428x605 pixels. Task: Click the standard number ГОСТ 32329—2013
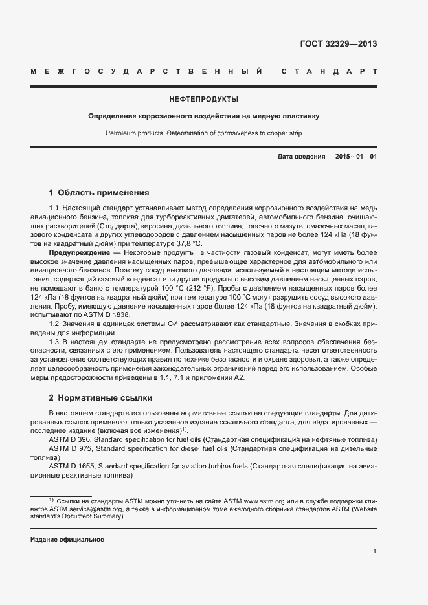pos(339,44)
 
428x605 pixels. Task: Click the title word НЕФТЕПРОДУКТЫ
pos(203,100)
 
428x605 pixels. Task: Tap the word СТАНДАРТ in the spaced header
pos(329,71)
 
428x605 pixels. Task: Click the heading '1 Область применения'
pos(99,192)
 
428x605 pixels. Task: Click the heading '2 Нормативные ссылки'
pos(100,397)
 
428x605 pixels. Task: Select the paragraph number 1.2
pos(54,322)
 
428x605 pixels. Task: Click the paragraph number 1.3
pos(54,340)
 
